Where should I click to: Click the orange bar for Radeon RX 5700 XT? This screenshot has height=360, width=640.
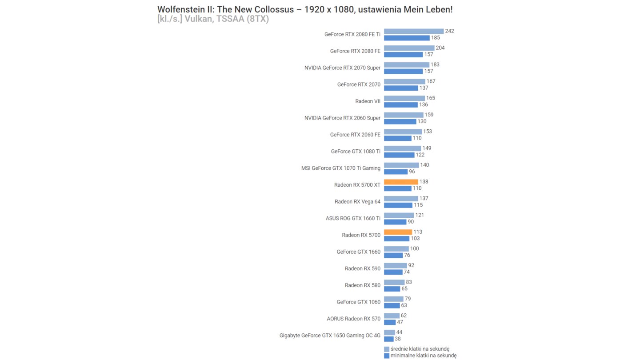(401, 182)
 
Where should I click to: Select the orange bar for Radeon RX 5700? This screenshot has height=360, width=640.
(398, 232)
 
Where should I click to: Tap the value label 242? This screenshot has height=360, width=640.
(449, 31)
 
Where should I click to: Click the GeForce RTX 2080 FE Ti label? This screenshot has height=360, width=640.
(352, 34)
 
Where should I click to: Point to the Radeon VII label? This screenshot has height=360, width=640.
(368, 101)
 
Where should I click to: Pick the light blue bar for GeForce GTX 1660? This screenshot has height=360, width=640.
(396, 249)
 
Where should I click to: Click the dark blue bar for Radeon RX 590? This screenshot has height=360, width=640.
(393, 272)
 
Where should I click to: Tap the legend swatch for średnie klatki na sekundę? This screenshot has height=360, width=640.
(387, 349)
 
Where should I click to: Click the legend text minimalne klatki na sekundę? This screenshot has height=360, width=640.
(423, 356)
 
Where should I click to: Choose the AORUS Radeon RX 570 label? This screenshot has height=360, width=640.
(353, 319)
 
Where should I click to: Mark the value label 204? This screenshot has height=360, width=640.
(440, 48)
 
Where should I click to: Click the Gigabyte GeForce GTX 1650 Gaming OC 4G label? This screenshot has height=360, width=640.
(330, 336)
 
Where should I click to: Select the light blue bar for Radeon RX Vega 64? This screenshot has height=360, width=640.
(401, 199)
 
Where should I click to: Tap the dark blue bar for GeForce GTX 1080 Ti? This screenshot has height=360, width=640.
(399, 155)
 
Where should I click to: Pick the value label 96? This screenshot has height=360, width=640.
(412, 172)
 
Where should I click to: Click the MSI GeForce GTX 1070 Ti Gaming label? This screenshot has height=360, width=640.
(340, 168)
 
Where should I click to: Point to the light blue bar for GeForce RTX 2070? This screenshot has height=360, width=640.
(404, 81)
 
